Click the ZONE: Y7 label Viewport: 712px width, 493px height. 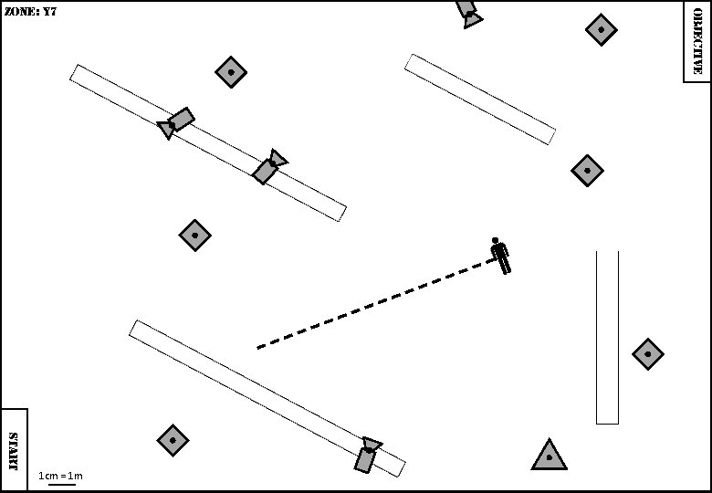pos(31,12)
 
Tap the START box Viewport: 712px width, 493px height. pos(14,450)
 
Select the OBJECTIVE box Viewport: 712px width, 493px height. pos(696,41)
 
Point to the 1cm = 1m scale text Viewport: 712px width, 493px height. pos(60,476)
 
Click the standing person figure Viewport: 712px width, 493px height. pos(499,256)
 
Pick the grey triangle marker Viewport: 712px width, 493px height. pos(549,456)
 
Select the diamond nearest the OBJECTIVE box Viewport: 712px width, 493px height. pos(601,30)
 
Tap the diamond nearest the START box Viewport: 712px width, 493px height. pos(173,441)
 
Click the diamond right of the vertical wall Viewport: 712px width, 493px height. pos(647,353)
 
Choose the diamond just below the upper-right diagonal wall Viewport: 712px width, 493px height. pos(587,170)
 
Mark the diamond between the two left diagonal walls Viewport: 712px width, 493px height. pos(194,236)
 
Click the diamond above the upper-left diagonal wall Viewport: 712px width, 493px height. pos(231,72)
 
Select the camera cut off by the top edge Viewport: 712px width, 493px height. pos(468,12)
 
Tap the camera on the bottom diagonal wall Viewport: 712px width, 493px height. pos(367,454)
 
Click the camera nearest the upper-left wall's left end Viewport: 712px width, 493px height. pos(177,122)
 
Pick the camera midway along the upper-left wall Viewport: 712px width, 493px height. pos(268,167)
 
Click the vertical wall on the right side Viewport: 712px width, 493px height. pos(607,337)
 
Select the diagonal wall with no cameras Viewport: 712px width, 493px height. pos(480,99)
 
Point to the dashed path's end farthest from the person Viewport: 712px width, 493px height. pos(257,348)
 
